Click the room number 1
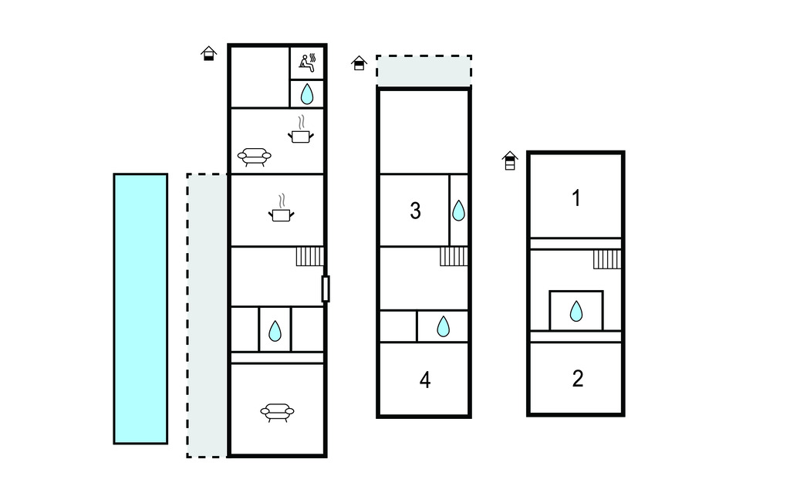point(576,198)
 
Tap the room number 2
point(578,379)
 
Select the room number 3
point(415,211)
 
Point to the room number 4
point(425,380)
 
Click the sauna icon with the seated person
point(307,62)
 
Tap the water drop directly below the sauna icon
point(307,93)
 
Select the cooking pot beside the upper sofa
point(301,133)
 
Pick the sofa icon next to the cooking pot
point(254,157)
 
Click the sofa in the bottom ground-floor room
point(277,412)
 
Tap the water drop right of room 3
point(458,211)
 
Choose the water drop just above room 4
point(443,326)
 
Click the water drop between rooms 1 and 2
point(576,311)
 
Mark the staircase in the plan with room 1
point(607,259)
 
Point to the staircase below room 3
point(454,256)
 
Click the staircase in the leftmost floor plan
point(309,256)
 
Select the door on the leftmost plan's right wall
point(326,289)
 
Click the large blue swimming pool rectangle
point(140,309)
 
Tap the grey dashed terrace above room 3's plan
point(424,71)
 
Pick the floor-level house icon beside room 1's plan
point(510,160)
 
